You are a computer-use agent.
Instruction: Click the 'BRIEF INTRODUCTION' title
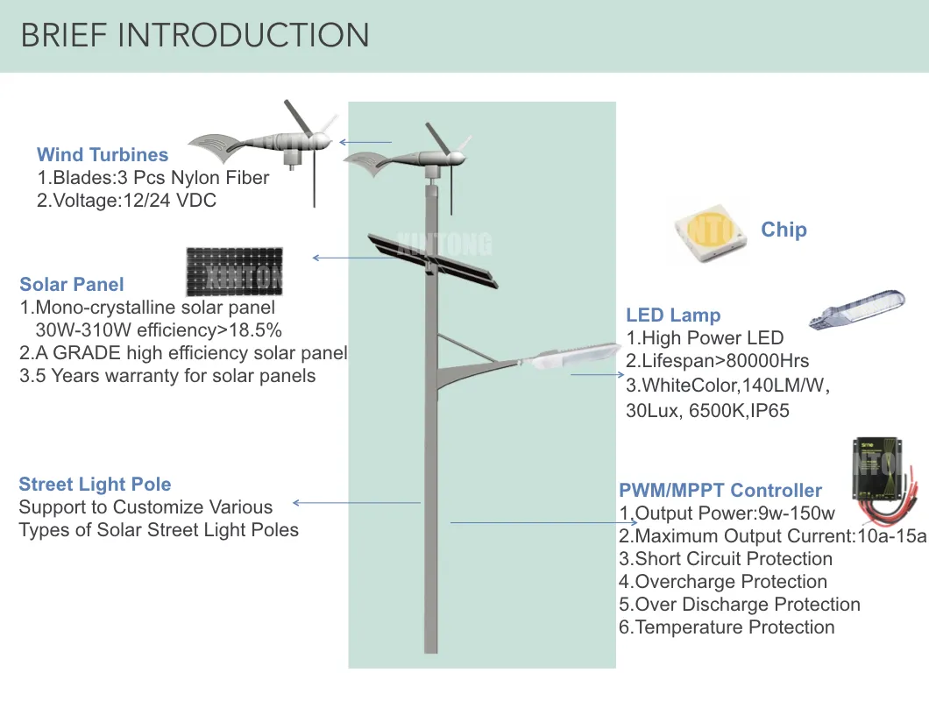coord(195,36)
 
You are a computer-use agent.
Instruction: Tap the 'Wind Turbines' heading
coord(103,155)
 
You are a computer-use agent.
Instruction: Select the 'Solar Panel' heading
coord(72,284)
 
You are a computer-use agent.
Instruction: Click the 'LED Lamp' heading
coord(673,315)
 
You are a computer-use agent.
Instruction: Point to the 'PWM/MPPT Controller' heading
coord(720,491)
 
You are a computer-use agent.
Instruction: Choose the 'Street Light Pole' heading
coord(95,485)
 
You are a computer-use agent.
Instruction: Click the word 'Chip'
coord(784,230)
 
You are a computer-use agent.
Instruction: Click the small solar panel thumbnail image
coord(234,272)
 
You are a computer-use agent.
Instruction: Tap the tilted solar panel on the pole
coord(432,259)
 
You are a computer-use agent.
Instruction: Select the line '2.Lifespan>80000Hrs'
coord(717,361)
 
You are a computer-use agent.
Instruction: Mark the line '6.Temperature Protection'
coord(727,627)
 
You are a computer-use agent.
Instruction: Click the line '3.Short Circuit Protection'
coord(726,559)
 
